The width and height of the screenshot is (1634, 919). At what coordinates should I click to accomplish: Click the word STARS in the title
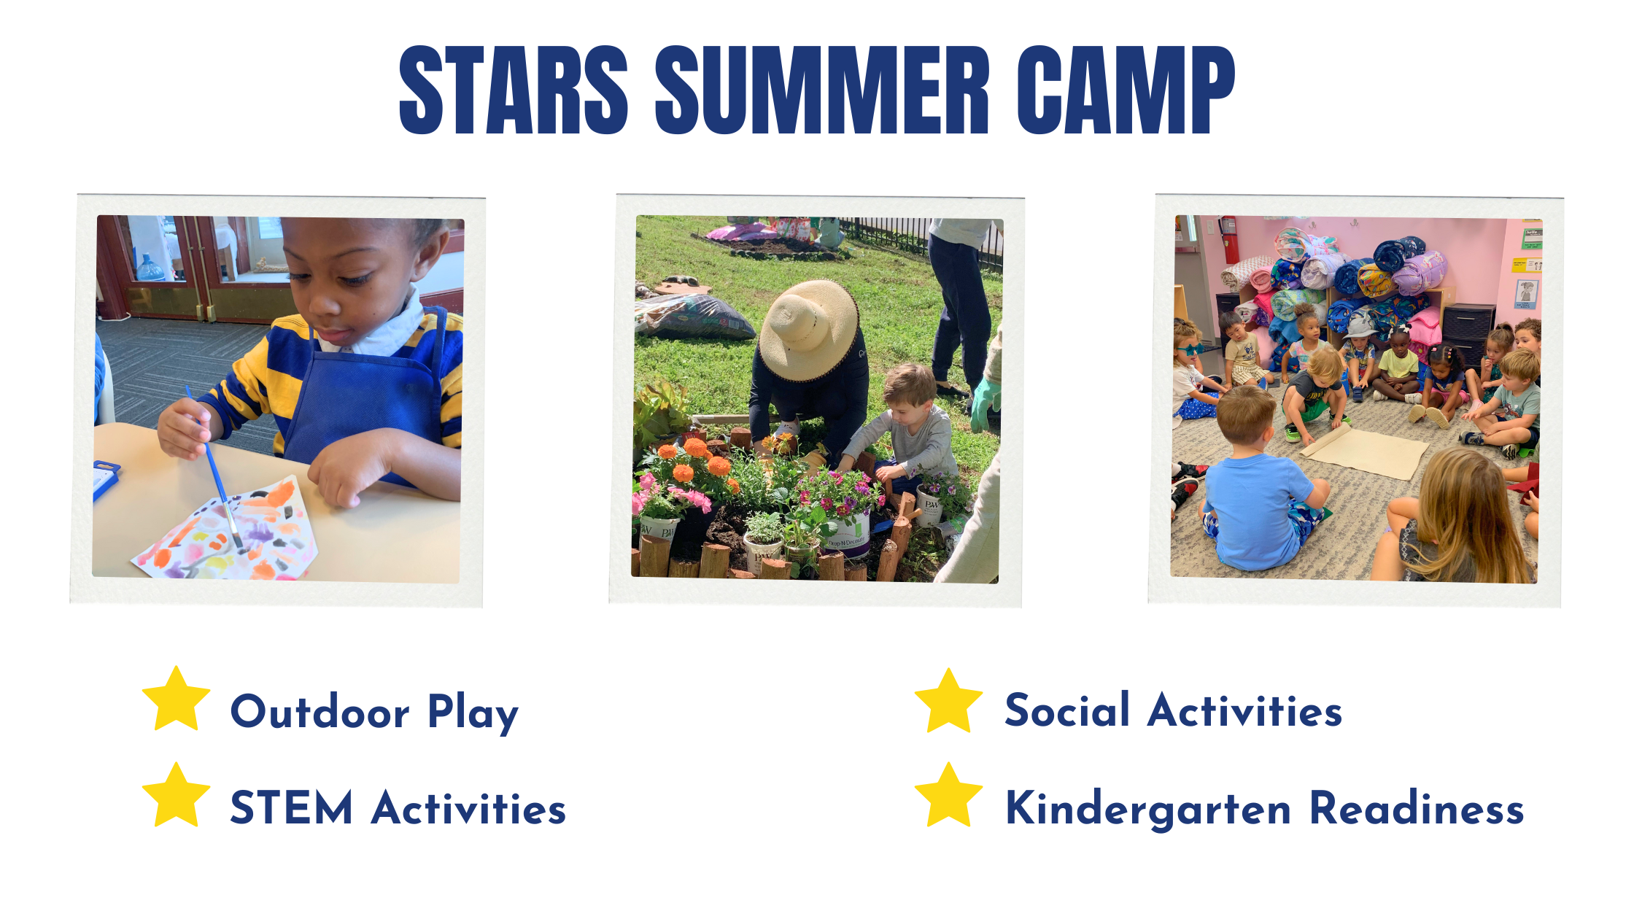tap(514, 90)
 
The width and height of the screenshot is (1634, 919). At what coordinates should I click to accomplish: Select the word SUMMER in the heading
tap(822, 90)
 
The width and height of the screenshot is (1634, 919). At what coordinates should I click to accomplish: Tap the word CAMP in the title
tap(1126, 90)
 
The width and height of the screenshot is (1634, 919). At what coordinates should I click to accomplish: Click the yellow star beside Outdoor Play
tap(177, 699)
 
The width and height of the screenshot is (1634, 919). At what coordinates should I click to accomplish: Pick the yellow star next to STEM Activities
tap(177, 796)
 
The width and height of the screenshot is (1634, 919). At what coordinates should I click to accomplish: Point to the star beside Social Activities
tap(948, 701)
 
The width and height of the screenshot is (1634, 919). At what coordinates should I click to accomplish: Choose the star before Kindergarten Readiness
tap(948, 796)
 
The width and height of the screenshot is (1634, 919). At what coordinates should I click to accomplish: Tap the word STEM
tap(292, 808)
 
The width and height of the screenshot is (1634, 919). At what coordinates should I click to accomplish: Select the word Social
tap(1067, 710)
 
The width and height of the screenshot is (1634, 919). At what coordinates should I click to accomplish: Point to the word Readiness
tap(1417, 807)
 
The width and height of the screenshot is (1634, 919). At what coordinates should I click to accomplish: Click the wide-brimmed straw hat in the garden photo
tap(808, 330)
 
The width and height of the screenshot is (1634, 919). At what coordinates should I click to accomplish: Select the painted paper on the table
tap(225, 531)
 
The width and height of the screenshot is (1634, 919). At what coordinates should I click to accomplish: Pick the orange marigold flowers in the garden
tap(693, 459)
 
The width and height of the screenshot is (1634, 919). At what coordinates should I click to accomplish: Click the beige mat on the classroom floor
tap(1364, 451)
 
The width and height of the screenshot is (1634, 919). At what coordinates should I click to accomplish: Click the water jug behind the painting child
tap(151, 268)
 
